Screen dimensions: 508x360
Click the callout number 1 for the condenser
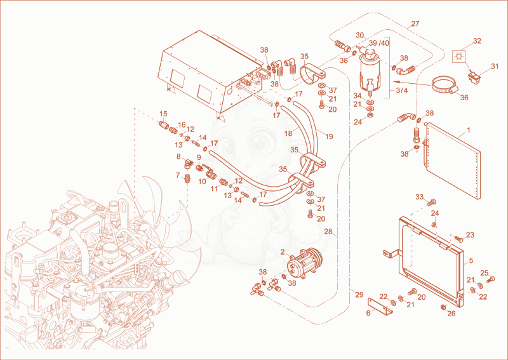[x=468, y=130]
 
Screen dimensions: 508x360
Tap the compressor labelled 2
[x=304, y=260]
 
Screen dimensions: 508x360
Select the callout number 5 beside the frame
[x=471, y=260]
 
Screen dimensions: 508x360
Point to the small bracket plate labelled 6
[x=380, y=306]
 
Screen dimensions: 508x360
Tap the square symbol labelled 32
[x=458, y=57]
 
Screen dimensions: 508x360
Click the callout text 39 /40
[x=378, y=43]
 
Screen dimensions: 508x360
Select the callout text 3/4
[x=402, y=90]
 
